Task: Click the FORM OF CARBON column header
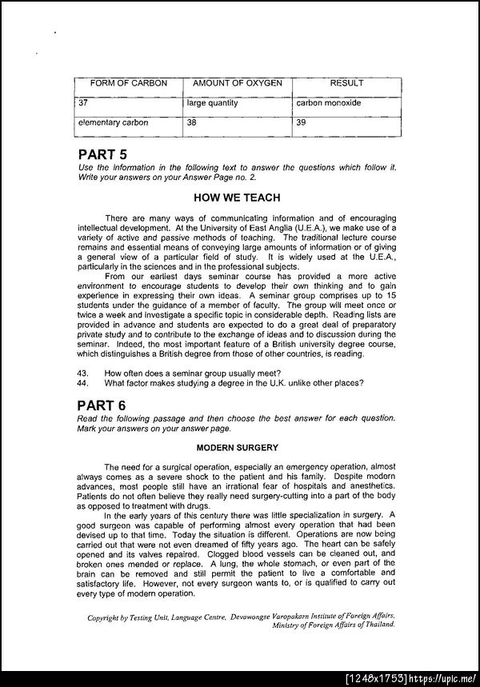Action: tap(118, 83)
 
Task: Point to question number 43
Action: tap(82, 372)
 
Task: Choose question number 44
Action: tap(82, 381)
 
